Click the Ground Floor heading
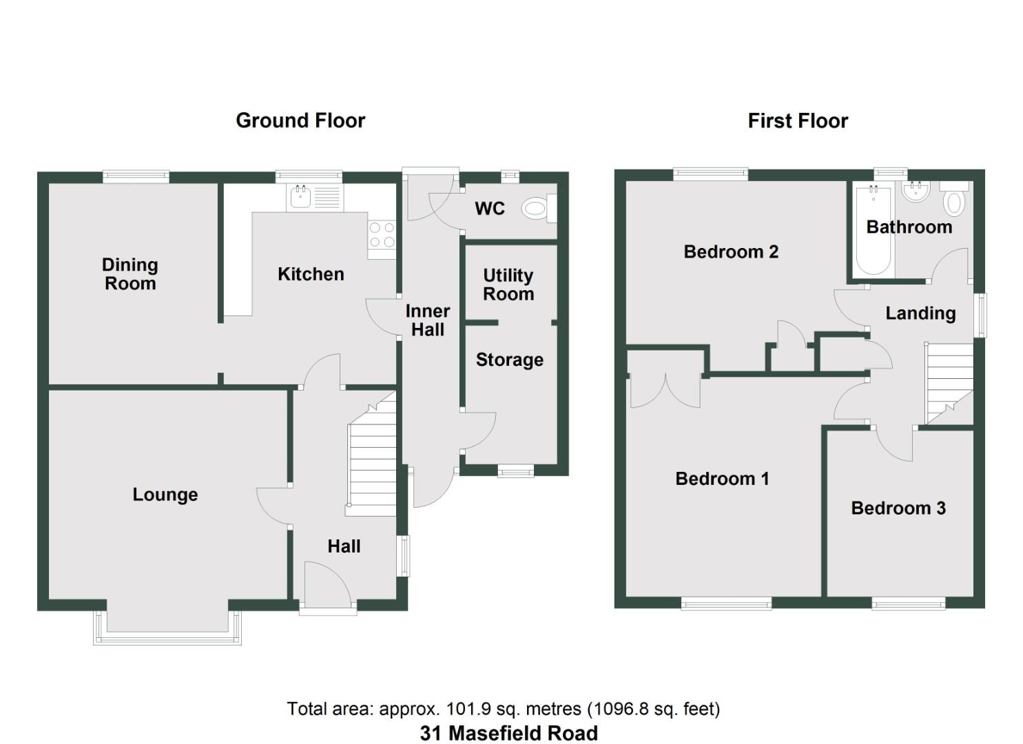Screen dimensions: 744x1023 pos(300,121)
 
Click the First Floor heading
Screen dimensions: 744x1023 pos(798,121)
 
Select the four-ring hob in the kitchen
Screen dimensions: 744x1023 pos(382,234)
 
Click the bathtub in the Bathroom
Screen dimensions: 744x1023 pos(873,231)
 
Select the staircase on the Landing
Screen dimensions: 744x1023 pos(949,382)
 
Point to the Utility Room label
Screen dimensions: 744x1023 pos(508,285)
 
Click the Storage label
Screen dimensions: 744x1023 pos(510,360)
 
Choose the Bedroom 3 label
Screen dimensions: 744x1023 pos(898,508)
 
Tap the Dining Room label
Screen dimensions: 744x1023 pos(130,274)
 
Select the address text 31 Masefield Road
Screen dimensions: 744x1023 pos(509,734)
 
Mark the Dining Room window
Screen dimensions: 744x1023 pos(136,176)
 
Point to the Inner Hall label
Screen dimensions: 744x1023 pos(428,320)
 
